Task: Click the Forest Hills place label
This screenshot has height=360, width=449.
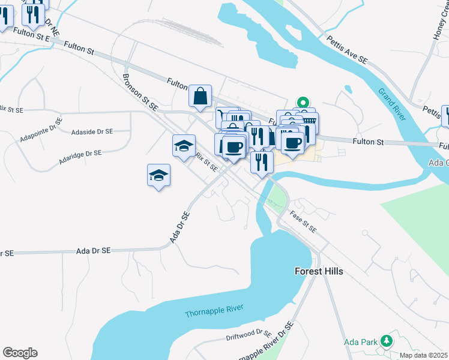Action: click(x=319, y=271)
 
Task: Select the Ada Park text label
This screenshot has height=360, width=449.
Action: click(x=360, y=342)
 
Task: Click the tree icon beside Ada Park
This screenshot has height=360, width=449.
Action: click(x=387, y=342)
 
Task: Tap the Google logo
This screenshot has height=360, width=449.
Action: click(x=20, y=353)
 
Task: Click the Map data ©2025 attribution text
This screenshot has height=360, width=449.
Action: click(x=423, y=355)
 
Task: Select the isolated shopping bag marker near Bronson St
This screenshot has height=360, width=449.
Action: click(x=200, y=96)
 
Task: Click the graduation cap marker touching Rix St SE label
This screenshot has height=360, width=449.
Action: click(x=184, y=146)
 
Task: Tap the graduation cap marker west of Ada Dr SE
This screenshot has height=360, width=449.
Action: click(x=158, y=175)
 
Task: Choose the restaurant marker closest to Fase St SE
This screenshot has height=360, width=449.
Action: click(x=262, y=161)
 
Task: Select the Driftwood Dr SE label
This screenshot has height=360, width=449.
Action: click(x=249, y=334)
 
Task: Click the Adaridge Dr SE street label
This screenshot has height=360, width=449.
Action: click(x=80, y=154)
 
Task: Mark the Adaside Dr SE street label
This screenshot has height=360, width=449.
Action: click(x=91, y=131)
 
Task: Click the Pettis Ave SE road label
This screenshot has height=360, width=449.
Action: click(x=346, y=50)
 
